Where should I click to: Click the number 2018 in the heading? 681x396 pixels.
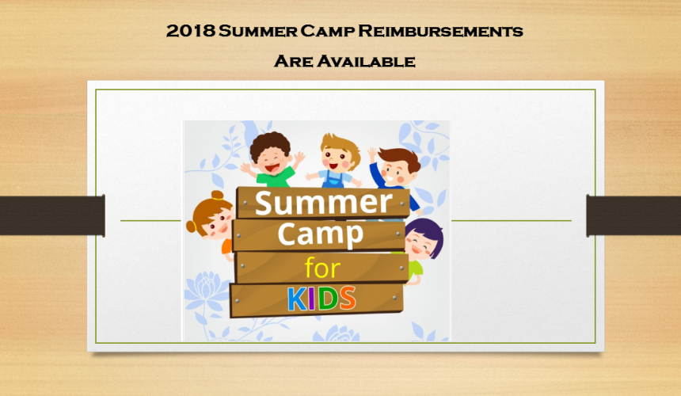click(190, 31)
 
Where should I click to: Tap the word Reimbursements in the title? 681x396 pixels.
click(440, 31)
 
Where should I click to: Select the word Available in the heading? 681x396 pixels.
click(366, 61)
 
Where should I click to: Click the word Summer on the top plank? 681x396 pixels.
click(324, 202)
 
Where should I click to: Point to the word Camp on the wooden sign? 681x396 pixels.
click(320, 234)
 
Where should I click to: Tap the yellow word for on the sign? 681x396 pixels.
click(322, 268)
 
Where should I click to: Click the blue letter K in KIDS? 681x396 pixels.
click(298, 299)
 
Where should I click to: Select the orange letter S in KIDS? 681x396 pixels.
click(348, 298)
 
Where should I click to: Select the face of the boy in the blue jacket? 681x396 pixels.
click(396, 173)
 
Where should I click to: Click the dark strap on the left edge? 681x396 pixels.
click(52, 215)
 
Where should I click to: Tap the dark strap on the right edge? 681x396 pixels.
click(633, 215)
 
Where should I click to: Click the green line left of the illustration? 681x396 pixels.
click(150, 221)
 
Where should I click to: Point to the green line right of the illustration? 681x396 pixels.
click(512, 221)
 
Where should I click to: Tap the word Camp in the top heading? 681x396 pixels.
click(328, 31)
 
